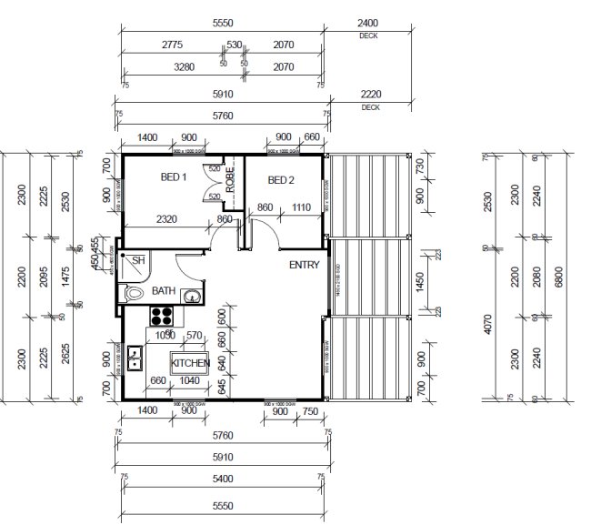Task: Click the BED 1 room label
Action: [174, 178]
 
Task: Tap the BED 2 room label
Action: [282, 180]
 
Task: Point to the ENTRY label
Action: [305, 265]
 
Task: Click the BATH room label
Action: [164, 291]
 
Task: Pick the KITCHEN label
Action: [190, 362]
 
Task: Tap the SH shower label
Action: [138, 260]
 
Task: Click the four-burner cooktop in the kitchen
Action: [162, 317]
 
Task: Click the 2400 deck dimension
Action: [369, 23]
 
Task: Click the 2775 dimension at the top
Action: [175, 44]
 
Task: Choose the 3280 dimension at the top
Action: [175, 66]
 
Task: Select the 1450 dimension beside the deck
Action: [419, 284]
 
